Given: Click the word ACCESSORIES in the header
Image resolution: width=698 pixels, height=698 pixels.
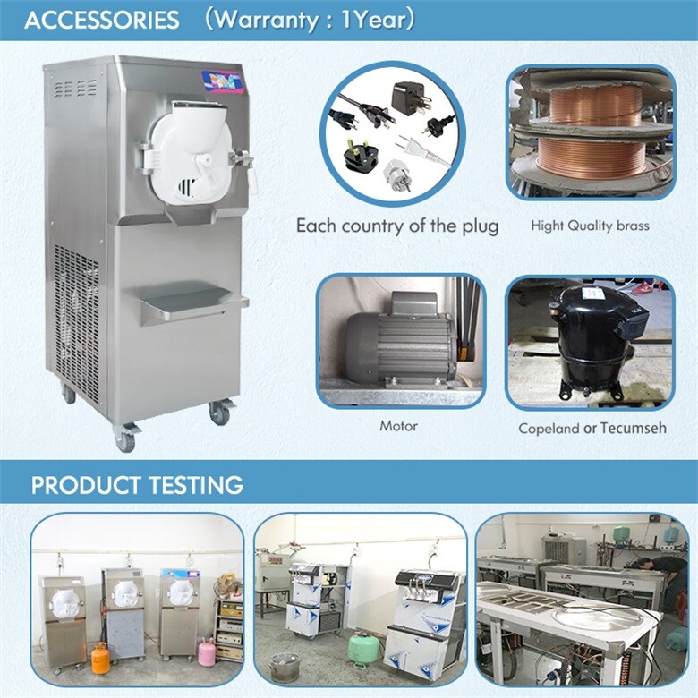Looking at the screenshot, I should [x=100, y=20].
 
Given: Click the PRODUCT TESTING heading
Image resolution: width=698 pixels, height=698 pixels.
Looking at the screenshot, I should [x=137, y=485].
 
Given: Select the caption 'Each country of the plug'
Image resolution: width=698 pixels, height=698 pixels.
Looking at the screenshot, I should [x=397, y=226].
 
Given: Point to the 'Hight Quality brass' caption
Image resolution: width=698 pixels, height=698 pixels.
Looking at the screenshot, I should [x=590, y=226].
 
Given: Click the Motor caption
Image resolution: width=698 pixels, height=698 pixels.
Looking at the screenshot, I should [x=398, y=426].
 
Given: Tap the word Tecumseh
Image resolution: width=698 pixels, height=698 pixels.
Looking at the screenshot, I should [x=634, y=428].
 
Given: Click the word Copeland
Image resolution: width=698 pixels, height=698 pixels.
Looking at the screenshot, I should [x=549, y=429].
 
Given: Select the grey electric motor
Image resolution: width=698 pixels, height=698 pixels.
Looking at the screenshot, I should [x=398, y=345].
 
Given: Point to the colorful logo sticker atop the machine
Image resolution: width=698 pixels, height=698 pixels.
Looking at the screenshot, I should [x=221, y=81].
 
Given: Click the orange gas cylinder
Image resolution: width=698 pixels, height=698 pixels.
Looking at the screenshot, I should [x=100, y=658].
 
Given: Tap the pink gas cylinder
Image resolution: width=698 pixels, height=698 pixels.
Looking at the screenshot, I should [x=206, y=651].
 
